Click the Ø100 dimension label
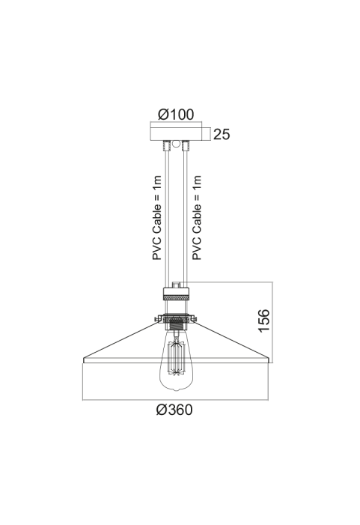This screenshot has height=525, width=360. point(176,115)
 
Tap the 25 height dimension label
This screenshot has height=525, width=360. point(222,134)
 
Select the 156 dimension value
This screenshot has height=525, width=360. point(264,321)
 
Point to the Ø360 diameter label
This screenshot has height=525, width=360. point(174,410)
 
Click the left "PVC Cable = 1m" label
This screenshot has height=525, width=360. point(156,218)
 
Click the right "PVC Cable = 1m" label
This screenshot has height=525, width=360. point(197,218)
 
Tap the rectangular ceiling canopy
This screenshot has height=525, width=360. point(176,133)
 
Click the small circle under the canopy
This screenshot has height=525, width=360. point(176,145)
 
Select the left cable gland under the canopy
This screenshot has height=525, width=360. point(166,145)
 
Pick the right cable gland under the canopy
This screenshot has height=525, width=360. point(186,145)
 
